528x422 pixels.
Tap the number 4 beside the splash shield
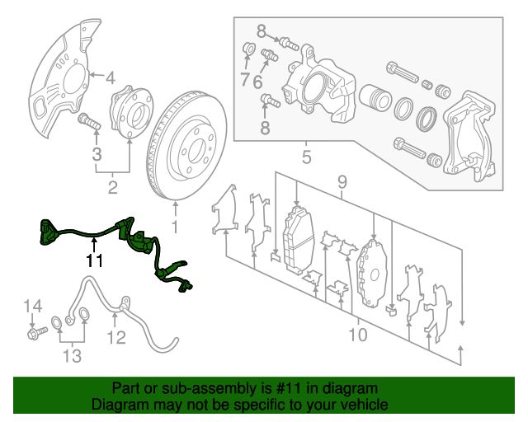pyautogui.click(x=110, y=79)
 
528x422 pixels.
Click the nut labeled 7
pyautogui.click(x=247, y=55)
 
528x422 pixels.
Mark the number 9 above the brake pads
pyautogui.click(x=342, y=181)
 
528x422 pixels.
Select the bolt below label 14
pyautogui.click(x=38, y=334)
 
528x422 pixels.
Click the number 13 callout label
pyautogui.click(x=72, y=356)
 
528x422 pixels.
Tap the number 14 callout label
pyautogui.click(x=31, y=308)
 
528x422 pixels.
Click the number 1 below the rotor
pyautogui.click(x=174, y=225)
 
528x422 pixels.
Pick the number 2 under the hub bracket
pyautogui.click(x=112, y=189)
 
